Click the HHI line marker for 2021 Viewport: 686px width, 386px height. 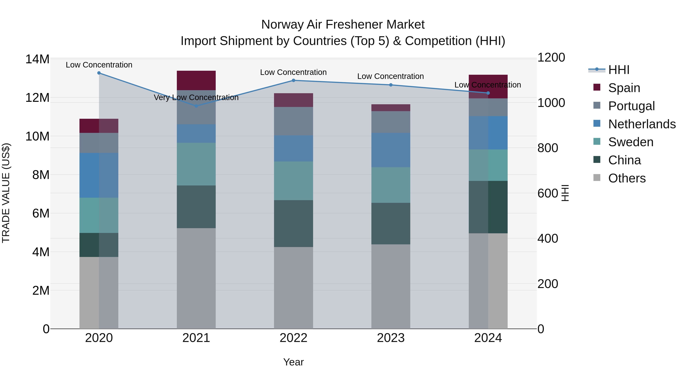click(196, 106)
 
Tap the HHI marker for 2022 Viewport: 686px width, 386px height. click(293, 80)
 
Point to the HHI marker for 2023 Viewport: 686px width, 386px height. click(391, 85)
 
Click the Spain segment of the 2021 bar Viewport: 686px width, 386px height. click(196, 80)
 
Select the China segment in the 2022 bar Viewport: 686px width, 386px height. click(293, 224)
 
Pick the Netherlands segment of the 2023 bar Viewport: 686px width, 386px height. click(391, 150)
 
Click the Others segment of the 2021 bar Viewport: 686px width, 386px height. click(196, 278)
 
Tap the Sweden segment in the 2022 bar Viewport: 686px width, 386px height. click(293, 181)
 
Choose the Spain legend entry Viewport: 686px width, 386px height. click(624, 88)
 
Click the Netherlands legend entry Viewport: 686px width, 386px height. click(642, 124)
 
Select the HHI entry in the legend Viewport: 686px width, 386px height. click(619, 70)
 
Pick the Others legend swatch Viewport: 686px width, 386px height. click(597, 178)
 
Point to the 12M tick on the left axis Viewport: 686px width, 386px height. click(37, 98)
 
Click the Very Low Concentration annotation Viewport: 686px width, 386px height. click(196, 97)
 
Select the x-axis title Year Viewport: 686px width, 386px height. click(293, 362)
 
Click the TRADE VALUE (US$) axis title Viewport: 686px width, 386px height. click(6, 193)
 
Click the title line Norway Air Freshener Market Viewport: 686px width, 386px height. click(343, 25)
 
